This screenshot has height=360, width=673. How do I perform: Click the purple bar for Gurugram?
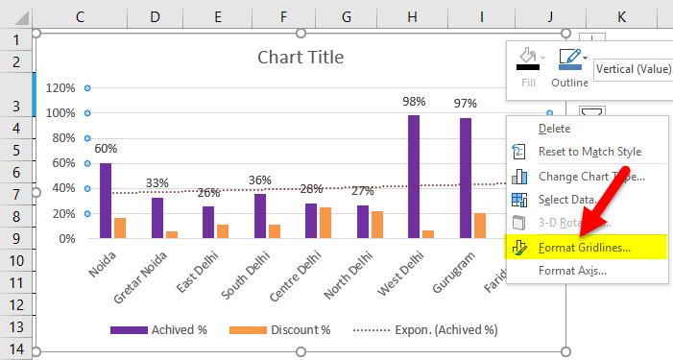[466, 178]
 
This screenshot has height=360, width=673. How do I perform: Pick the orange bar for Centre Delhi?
[325, 223]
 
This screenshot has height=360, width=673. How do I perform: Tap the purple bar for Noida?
[106, 200]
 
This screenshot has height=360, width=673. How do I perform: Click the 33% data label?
[157, 183]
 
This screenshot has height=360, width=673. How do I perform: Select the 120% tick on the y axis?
[60, 87]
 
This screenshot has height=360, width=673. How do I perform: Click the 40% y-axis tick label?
[62, 188]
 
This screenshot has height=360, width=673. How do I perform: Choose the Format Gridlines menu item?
[584, 247]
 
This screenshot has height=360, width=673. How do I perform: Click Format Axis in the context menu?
[572, 270]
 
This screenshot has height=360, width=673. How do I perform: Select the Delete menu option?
[554, 128]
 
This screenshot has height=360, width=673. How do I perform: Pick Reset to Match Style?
[589, 152]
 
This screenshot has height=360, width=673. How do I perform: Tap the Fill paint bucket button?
[529, 63]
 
